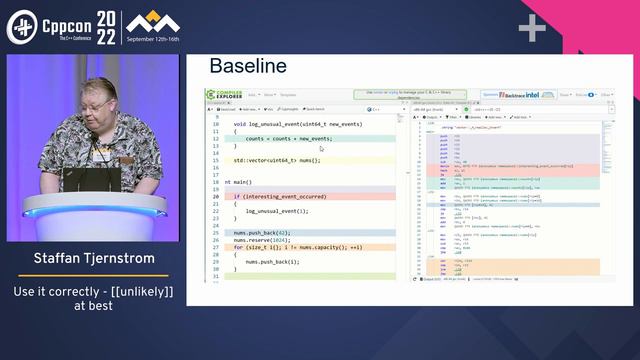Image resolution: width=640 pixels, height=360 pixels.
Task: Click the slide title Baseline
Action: click(248, 67)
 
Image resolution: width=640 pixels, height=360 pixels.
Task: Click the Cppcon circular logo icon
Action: click(21, 26)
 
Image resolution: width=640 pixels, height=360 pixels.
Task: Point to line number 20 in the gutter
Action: click(216, 197)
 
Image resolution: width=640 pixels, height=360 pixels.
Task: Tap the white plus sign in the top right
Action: click(532, 28)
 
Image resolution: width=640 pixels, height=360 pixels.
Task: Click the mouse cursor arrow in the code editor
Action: click(321, 149)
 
